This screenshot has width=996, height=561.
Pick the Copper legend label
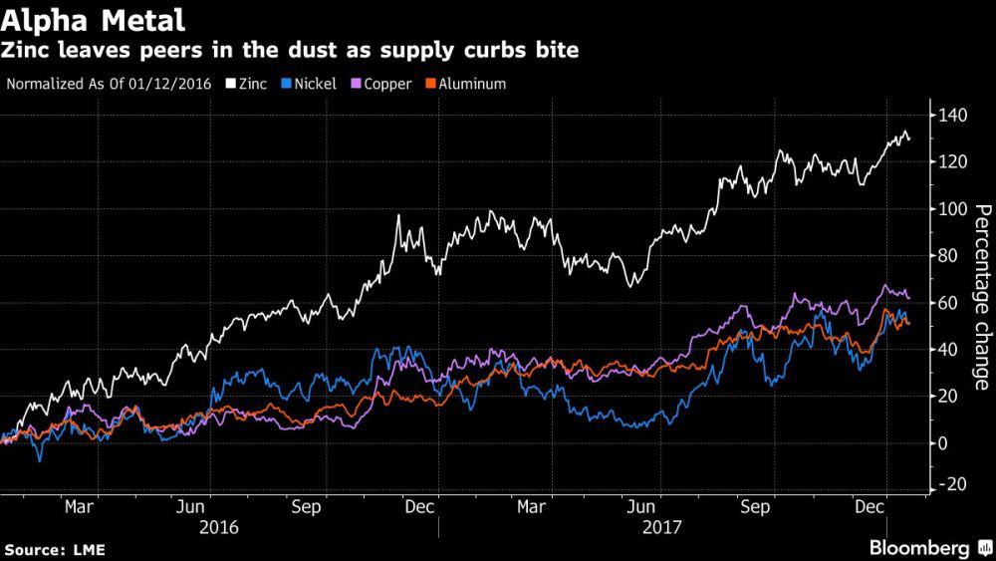[x=387, y=84]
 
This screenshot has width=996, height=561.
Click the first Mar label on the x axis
[x=80, y=506]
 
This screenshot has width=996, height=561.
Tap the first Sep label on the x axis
[x=307, y=506]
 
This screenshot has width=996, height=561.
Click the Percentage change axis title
[x=981, y=297]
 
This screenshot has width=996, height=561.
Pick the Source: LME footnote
[x=55, y=549]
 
